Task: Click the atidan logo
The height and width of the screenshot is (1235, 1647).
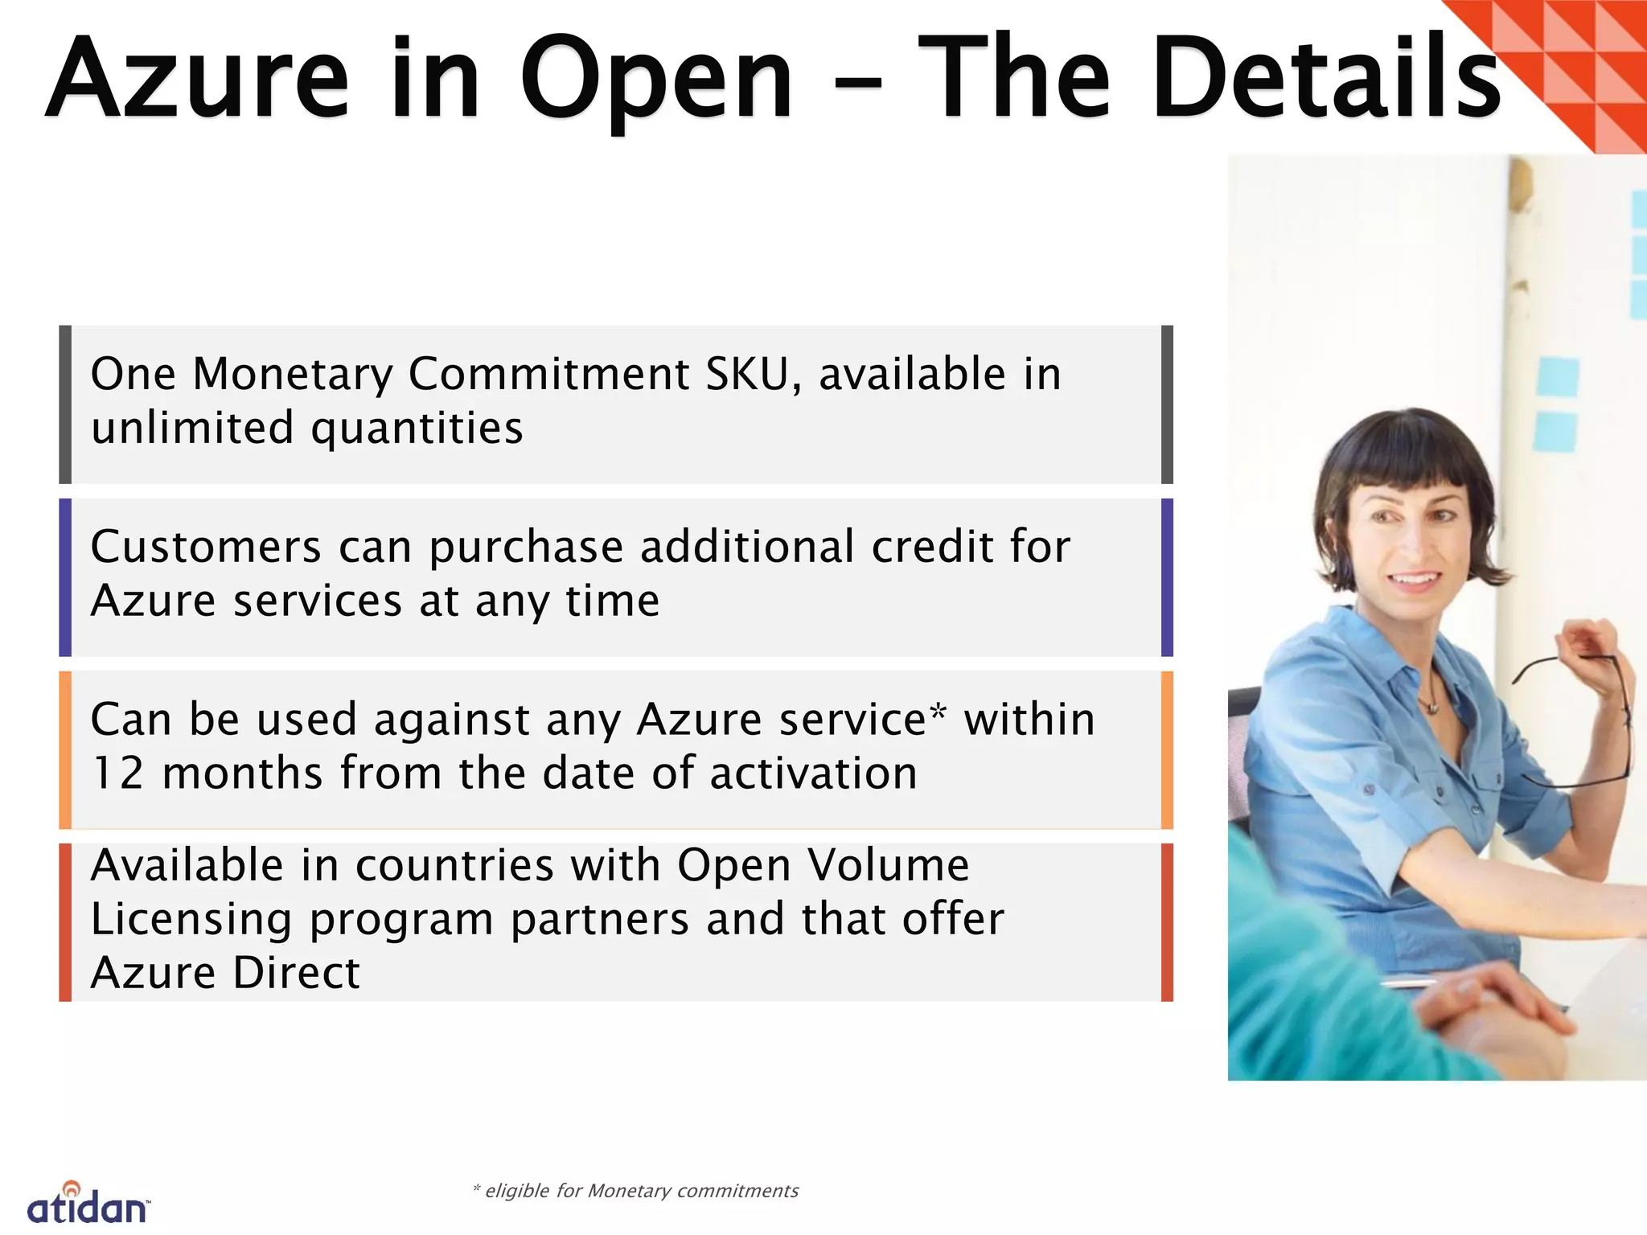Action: tap(88, 1204)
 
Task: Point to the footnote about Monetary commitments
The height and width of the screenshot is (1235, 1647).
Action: tap(635, 1191)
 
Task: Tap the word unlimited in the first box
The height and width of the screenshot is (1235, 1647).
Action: tap(191, 427)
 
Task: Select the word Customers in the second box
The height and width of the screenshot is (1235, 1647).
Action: tap(206, 547)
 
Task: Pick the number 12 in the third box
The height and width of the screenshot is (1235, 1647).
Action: tap(117, 773)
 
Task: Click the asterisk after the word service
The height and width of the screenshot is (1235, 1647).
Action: tap(938, 712)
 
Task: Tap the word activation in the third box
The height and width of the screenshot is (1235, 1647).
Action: tap(813, 773)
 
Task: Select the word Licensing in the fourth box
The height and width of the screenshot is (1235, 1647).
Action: tap(191, 919)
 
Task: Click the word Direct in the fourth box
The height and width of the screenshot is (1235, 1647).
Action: tap(296, 973)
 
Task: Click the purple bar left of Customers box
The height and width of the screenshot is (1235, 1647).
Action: tap(65, 577)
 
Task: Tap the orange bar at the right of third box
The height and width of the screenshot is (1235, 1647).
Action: tap(1167, 749)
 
